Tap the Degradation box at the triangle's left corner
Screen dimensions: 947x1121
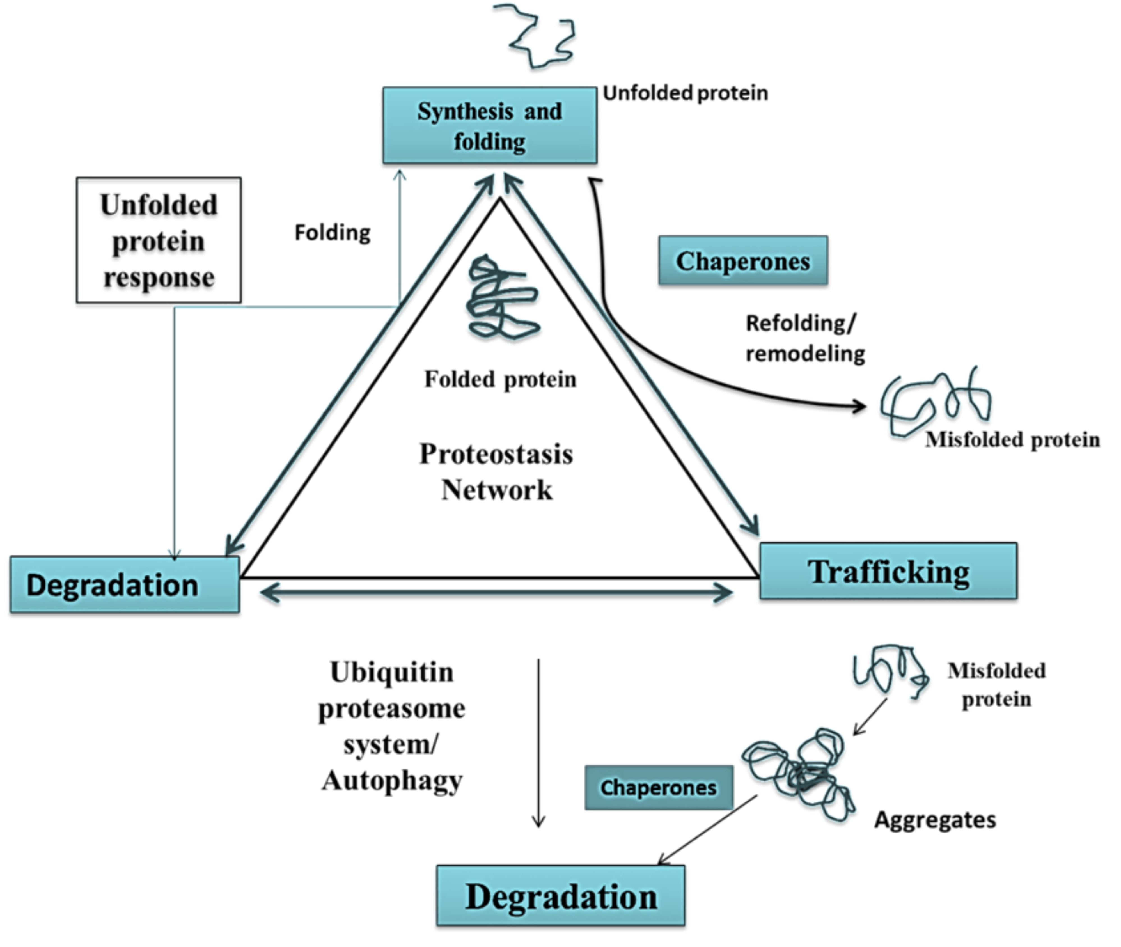click(x=125, y=585)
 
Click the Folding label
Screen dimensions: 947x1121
click(x=332, y=232)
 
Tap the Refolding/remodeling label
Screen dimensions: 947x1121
click(x=805, y=338)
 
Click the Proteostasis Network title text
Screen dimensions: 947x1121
click(x=496, y=471)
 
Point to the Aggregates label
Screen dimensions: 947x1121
click(x=935, y=820)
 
